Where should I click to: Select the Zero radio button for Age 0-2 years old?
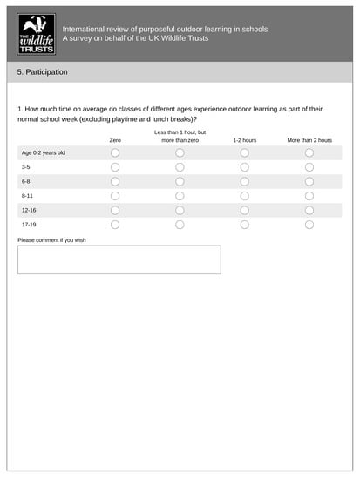click(115, 152)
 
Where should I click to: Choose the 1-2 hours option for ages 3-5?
click(244, 167)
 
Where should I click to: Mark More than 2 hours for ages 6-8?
click(309, 181)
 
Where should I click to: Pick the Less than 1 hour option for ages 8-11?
click(180, 196)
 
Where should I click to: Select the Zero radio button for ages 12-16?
click(115, 210)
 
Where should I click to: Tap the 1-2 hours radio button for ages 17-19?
click(244, 225)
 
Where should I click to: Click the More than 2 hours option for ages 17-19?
click(309, 225)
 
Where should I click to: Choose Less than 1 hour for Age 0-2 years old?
click(180, 152)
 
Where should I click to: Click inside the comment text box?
click(119, 260)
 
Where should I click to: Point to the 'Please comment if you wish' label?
click(51, 239)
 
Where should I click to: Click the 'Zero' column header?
click(115, 139)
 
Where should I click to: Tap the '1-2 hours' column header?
click(244, 139)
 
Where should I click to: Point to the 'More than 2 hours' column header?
click(309, 139)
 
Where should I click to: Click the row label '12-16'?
click(29, 210)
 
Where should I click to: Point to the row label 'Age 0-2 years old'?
click(44, 152)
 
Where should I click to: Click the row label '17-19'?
click(29, 225)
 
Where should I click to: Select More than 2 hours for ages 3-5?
click(309, 167)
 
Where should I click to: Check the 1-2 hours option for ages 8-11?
click(244, 196)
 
